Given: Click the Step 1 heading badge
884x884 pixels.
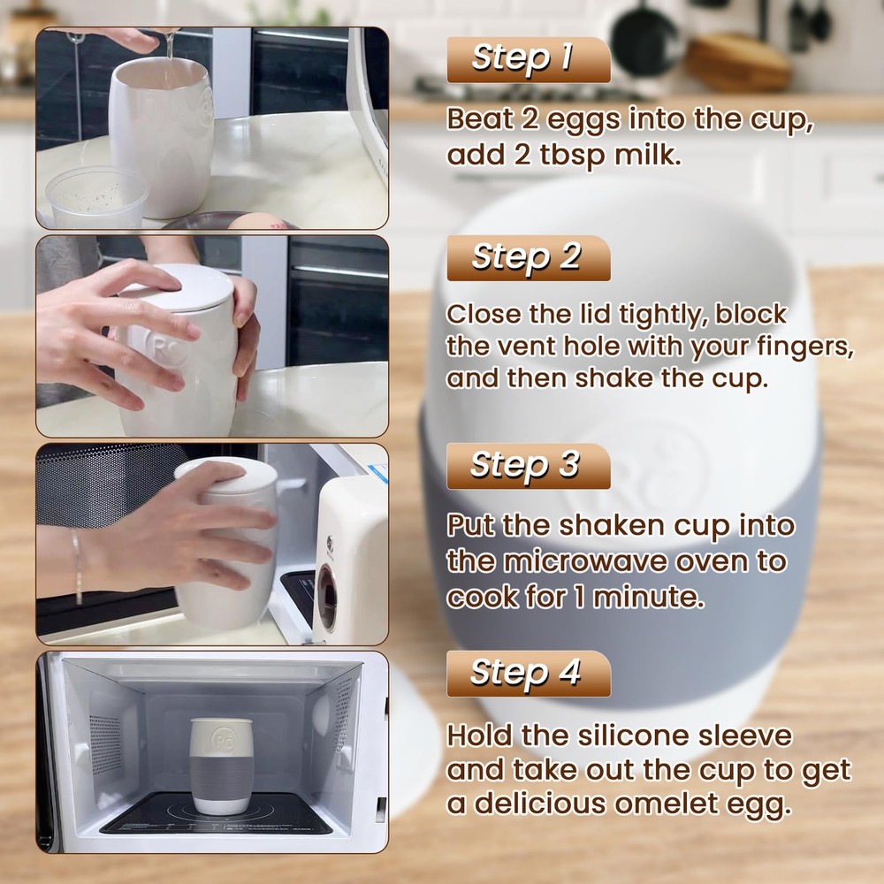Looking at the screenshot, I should [528, 59].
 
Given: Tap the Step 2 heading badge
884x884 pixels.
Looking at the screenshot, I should [528, 257].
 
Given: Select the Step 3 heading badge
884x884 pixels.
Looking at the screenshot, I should [528, 466].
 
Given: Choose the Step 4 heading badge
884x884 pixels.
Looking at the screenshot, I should [528, 674].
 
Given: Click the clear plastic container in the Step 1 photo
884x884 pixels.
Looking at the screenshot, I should [96, 196].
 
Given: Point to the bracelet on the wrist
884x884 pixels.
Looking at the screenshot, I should [78, 567].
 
